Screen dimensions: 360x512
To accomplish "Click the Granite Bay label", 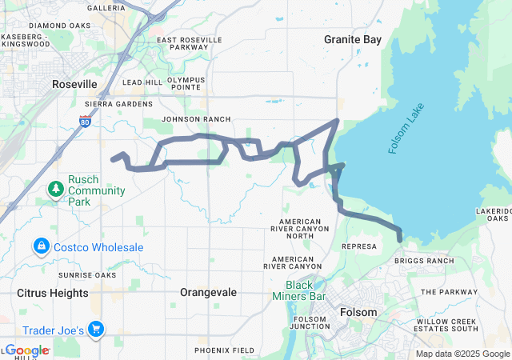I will pyautogui.click(x=352, y=38).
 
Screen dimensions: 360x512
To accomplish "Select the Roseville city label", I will pyautogui.click(x=74, y=84).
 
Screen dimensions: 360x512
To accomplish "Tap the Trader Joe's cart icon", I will pyautogui.click(x=96, y=328).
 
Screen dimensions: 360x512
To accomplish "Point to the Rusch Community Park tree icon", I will pyautogui.click(x=56, y=190).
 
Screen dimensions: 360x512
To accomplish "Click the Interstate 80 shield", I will pyautogui.click(x=86, y=122).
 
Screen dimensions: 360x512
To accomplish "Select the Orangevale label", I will pyautogui.click(x=209, y=293).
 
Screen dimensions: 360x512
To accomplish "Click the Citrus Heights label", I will pyautogui.click(x=53, y=293).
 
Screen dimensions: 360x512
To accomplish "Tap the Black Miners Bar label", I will pyautogui.click(x=310, y=291).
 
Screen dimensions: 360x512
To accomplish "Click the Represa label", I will pyautogui.click(x=358, y=246).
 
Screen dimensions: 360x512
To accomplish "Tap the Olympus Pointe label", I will pyautogui.click(x=186, y=84).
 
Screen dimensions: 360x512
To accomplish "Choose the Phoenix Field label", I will pyautogui.click(x=225, y=350).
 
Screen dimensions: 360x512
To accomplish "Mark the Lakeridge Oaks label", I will pyautogui.click(x=493, y=214).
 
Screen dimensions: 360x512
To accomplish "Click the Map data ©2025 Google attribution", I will pyautogui.click(x=462, y=354).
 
